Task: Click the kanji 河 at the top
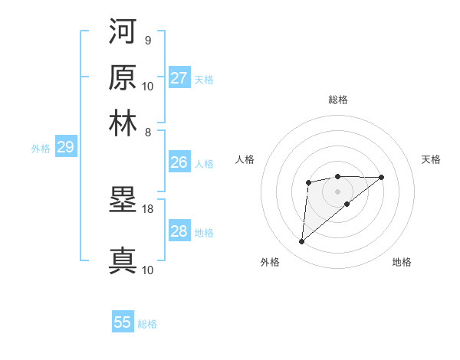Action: pyautogui.click(x=123, y=31)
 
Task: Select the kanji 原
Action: pyautogui.click(x=123, y=77)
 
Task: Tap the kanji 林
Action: pyautogui.click(x=123, y=123)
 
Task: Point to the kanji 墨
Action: pyautogui.click(x=123, y=201)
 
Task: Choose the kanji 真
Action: pyautogui.click(x=123, y=260)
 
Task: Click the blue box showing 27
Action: pyautogui.click(x=179, y=78)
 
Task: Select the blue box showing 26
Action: pyautogui.click(x=179, y=162)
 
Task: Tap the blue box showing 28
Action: pyautogui.click(x=179, y=231)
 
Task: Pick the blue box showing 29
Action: pyautogui.click(x=65, y=147)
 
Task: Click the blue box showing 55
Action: pyautogui.click(x=123, y=322)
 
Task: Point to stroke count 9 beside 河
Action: pyautogui.click(x=147, y=40)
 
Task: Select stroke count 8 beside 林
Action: pyautogui.click(x=147, y=132)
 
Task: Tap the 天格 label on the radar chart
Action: pyautogui.click(x=432, y=159)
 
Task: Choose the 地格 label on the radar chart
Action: pyautogui.click(x=402, y=262)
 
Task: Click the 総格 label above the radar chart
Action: pyautogui.click(x=338, y=100)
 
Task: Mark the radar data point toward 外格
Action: pyautogui.click(x=301, y=242)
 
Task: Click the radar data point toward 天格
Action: pyautogui.click(x=382, y=177)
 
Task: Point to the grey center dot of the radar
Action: pyautogui.click(x=338, y=190)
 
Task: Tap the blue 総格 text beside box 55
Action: pyautogui.click(x=147, y=324)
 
